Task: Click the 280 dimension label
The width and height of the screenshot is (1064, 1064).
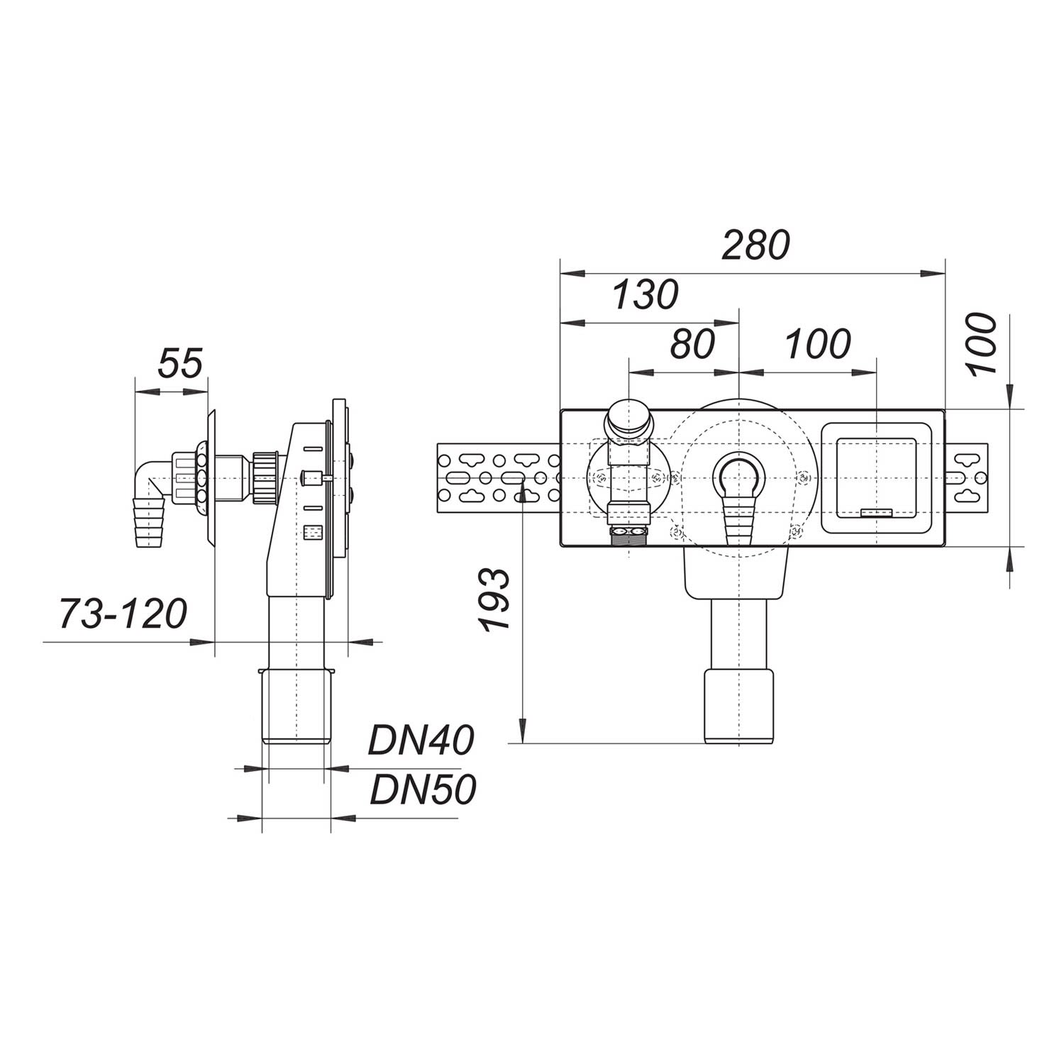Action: point(755,245)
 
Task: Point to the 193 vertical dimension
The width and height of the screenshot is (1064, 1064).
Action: point(494,599)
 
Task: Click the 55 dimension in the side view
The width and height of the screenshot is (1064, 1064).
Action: point(180,362)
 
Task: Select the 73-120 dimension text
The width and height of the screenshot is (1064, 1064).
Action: point(122,614)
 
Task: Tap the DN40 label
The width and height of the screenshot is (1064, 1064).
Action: point(421,742)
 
